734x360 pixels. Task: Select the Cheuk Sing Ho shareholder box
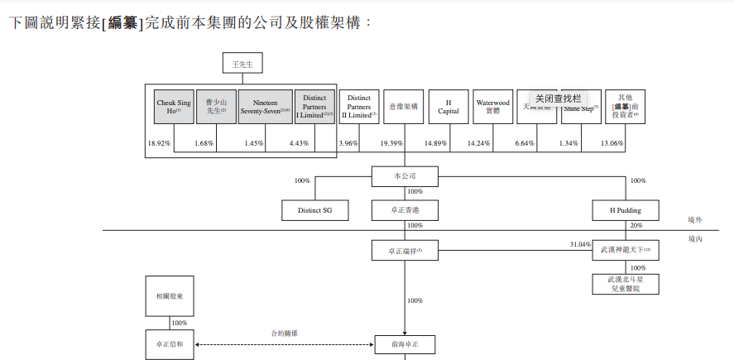[x=173, y=107]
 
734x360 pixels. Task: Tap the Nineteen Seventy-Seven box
[x=265, y=107]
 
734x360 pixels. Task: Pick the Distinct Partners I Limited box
[x=314, y=107]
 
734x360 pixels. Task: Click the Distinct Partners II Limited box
[x=359, y=107]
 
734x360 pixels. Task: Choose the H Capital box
[x=449, y=107]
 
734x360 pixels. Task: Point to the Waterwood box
[x=493, y=107]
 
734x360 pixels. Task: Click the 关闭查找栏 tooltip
[x=558, y=98]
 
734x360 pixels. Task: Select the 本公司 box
[x=404, y=176]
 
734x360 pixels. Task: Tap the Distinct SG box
[x=314, y=210]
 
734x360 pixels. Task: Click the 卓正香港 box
[x=404, y=210]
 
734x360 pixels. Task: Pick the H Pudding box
[x=626, y=210]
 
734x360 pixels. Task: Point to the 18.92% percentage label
[x=159, y=144]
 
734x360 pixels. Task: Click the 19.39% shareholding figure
[x=391, y=144]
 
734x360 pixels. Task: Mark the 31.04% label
[x=580, y=244]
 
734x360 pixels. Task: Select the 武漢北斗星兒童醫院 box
[x=626, y=284]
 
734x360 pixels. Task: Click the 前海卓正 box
[x=404, y=343]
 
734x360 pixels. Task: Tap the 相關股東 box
[x=170, y=295]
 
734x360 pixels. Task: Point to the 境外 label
[x=694, y=220]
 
